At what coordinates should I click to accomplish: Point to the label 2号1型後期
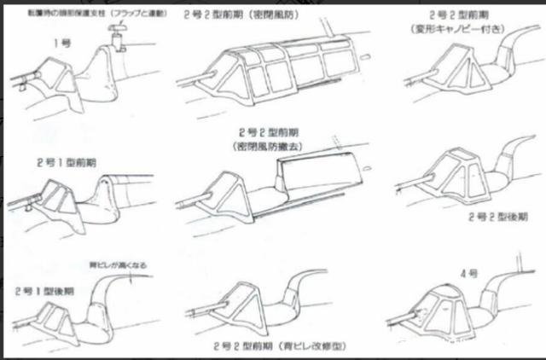coord(43,290)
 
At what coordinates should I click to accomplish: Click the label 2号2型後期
coord(497,217)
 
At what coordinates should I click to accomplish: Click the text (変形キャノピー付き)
coord(468,29)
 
